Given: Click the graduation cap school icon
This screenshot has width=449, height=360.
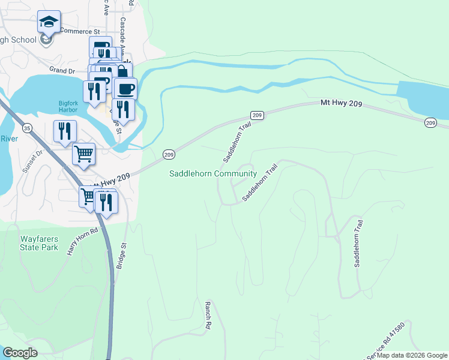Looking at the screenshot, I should tap(49, 23).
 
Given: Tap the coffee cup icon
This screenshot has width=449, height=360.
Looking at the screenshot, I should tap(125, 89).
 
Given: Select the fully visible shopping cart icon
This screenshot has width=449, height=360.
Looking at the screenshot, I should tap(84, 154).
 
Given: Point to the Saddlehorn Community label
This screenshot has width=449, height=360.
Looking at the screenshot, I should tap(212, 174).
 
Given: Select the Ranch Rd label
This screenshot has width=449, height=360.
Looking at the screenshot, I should tap(208, 314).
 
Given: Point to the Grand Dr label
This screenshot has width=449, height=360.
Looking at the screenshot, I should tap(62, 70).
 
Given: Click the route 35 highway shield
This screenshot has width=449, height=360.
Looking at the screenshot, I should tap(26, 128).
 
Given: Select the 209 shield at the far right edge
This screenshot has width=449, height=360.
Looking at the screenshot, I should tap(430, 122).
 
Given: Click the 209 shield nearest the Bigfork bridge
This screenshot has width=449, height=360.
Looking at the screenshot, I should tap(169, 154).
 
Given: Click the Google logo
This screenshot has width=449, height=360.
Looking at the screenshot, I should tap(20, 352).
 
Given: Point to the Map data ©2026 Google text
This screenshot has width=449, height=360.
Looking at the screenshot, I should tap(412, 355).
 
